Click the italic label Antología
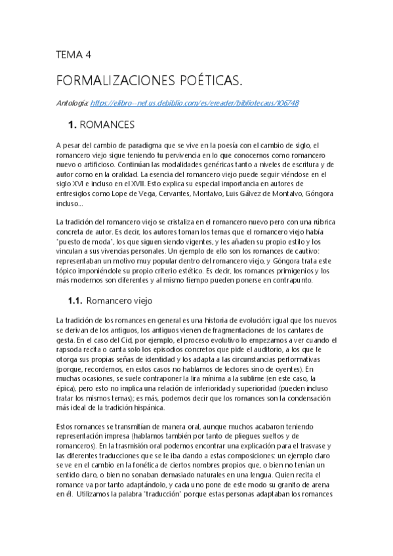[72, 103]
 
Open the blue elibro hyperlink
[194, 103]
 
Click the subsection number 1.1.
[74, 301]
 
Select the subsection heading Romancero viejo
[119, 301]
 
